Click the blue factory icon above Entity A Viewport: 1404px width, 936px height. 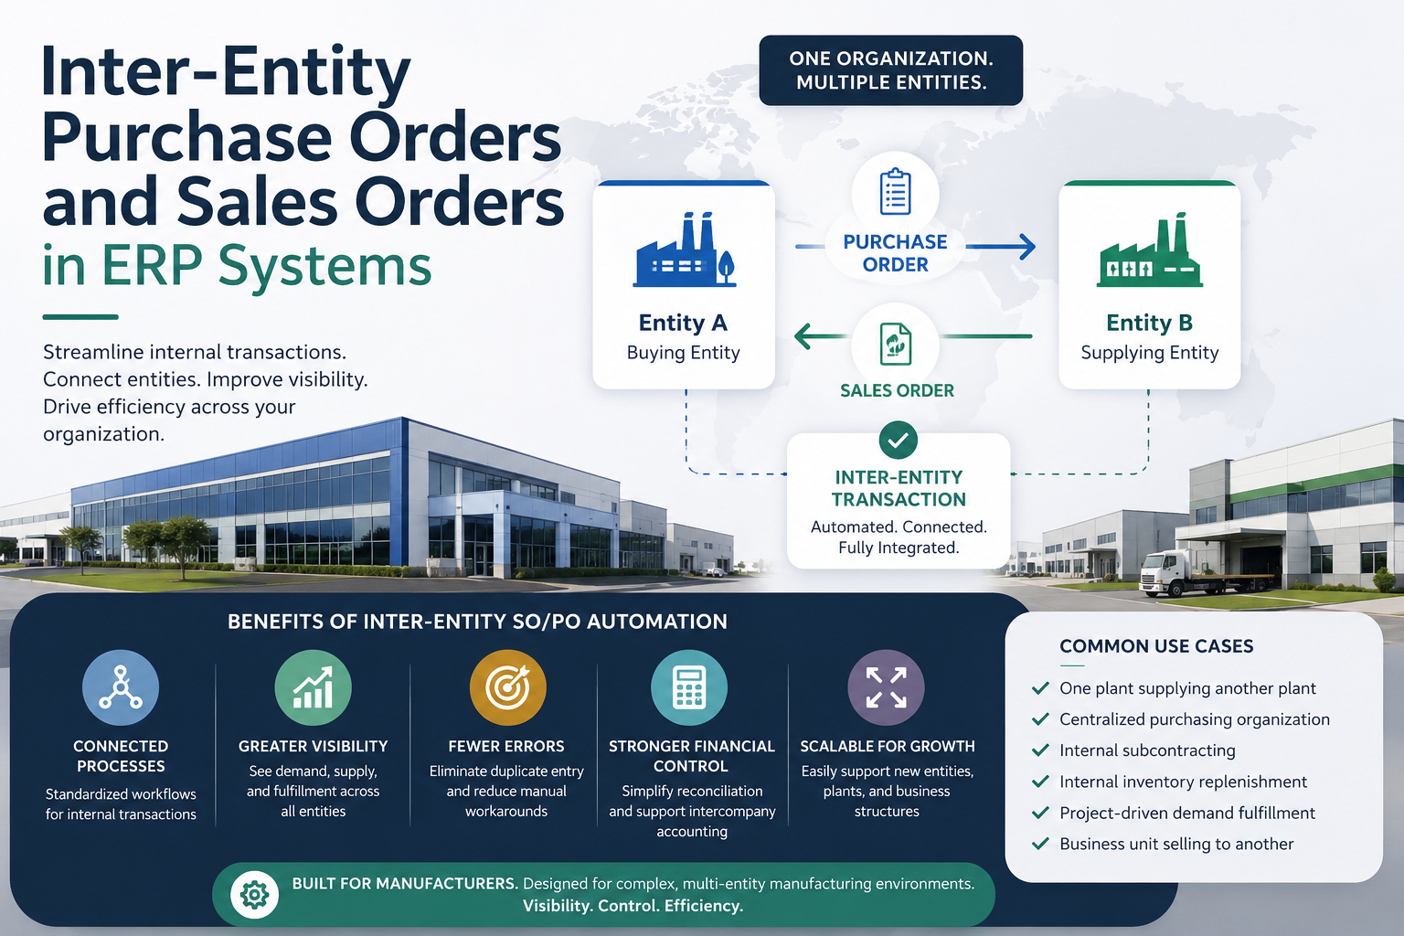click(684, 250)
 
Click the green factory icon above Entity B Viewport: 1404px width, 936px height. click(1150, 250)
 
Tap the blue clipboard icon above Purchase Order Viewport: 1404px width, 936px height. click(895, 191)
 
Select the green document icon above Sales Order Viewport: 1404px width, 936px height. click(896, 344)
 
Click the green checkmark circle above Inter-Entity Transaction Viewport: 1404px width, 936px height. click(899, 440)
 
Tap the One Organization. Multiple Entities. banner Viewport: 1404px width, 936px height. click(890, 70)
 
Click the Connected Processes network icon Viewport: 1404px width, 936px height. click(121, 687)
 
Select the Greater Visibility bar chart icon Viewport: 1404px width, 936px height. click(313, 687)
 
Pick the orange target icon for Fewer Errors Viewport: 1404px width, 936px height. click(507, 687)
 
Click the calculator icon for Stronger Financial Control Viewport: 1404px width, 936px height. click(689, 687)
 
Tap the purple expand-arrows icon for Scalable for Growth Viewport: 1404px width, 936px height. click(887, 687)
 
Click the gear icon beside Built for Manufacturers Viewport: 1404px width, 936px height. click(254, 895)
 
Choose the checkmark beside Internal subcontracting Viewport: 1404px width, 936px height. click(1040, 750)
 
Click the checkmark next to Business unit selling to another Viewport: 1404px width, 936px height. click(1040, 844)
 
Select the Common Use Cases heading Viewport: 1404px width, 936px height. click(1156, 646)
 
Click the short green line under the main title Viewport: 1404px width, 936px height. click(80, 317)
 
